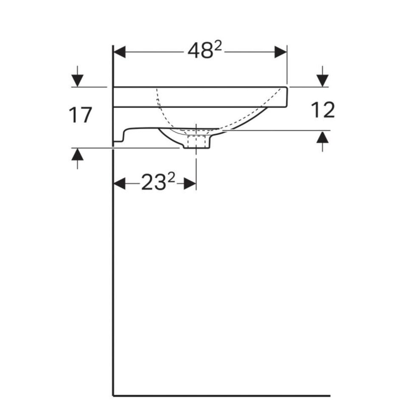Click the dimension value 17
pyautogui.click(x=81, y=115)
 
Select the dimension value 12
pyautogui.click(x=323, y=110)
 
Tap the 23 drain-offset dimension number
pyautogui.click(x=154, y=182)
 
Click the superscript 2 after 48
pyautogui.click(x=218, y=46)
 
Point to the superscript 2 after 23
pyautogui.click(x=171, y=177)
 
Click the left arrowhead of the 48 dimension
pyautogui.click(x=120, y=52)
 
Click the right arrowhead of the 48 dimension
pyautogui.click(x=281, y=52)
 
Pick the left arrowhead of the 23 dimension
pyautogui.click(x=120, y=184)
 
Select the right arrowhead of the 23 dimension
pyautogui.click(x=190, y=184)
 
